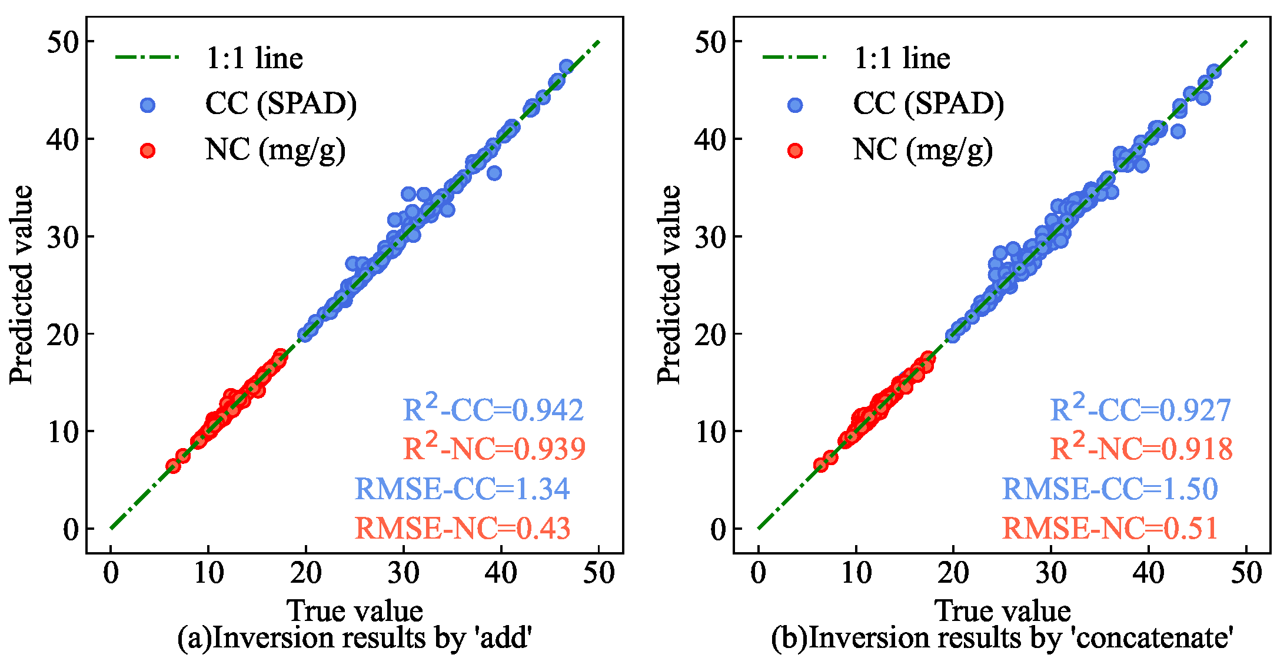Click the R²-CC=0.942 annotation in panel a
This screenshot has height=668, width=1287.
(x=493, y=409)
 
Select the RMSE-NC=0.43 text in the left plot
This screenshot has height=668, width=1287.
(x=463, y=528)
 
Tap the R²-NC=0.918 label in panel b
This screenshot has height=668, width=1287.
(x=1141, y=449)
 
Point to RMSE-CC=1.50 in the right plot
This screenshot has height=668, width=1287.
(x=1110, y=489)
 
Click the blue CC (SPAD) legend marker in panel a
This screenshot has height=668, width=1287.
(x=148, y=105)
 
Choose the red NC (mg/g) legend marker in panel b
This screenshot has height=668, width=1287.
(x=795, y=151)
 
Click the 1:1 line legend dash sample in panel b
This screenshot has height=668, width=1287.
(x=794, y=58)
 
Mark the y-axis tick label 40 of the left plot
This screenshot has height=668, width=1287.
(x=62, y=139)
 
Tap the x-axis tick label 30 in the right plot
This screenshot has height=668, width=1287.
(x=1050, y=573)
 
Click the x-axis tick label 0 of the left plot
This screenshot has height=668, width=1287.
(x=111, y=573)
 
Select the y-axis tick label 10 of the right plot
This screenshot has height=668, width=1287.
(x=710, y=432)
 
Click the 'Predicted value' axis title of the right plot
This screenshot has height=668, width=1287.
(x=669, y=285)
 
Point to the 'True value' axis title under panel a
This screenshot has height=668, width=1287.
(x=355, y=610)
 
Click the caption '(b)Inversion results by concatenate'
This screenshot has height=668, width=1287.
(x=1002, y=638)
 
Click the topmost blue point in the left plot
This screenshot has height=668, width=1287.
(x=567, y=66)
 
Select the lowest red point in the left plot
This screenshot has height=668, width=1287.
(x=173, y=466)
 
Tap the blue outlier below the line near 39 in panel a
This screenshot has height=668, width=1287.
(x=494, y=173)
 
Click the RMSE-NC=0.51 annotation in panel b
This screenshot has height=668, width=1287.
(x=1110, y=528)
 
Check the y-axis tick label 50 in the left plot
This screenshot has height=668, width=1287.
(x=62, y=42)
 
